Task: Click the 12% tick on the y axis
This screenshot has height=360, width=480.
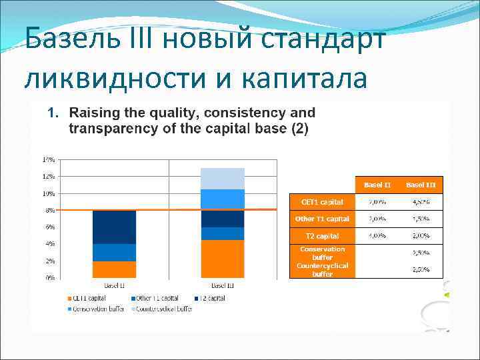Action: (49, 177)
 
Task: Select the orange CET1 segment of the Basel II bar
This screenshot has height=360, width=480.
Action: (114, 269)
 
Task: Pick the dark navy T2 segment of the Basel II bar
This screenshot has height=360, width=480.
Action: (114, 227)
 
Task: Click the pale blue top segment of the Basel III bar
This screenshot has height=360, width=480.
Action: (223, 178)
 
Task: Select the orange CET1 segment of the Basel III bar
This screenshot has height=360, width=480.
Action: (223, 259)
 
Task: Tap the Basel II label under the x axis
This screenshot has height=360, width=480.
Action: (114, 285)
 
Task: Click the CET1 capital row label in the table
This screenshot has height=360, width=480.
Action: (322, 201)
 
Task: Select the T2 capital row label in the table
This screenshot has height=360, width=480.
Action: (322, 236)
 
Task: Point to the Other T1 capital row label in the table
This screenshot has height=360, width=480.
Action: (322, 219)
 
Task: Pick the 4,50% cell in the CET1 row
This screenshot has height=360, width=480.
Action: (421, 201)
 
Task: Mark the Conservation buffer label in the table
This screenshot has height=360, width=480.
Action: (322, 253)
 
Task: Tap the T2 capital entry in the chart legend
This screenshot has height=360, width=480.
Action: (211, 298)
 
